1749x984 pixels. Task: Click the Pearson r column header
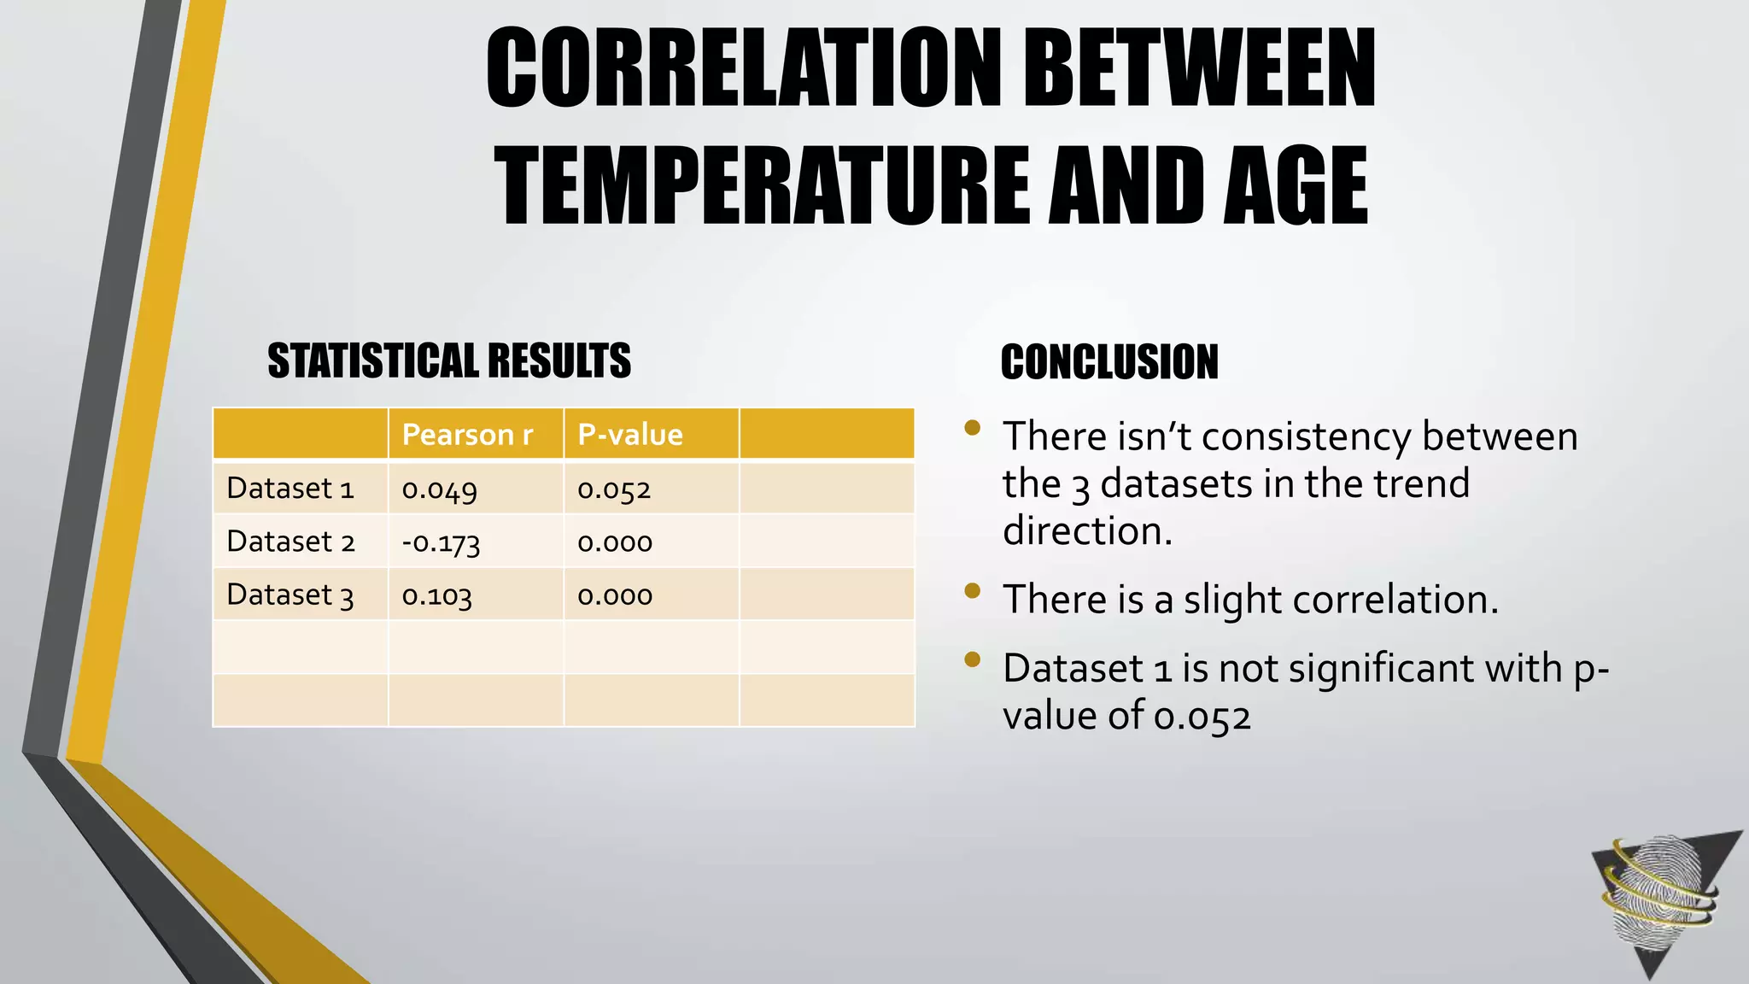coord(467,435)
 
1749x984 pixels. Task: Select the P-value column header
coord(630,435)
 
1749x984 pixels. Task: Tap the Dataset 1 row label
coord(290,489)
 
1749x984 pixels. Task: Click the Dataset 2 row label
coord(290,542)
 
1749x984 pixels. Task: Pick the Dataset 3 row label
coord(290,594)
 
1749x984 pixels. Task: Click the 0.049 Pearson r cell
coord(439,489)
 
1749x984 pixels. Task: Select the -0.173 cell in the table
coord(441,542)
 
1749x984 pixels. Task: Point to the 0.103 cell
coord(436,595)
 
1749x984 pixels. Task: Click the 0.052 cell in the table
coord(614,489)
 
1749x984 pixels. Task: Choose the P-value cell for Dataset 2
coord(615,542)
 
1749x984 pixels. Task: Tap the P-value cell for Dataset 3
coord(615,595)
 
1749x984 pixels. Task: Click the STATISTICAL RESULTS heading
coord(449,360)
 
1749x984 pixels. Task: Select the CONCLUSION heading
coord(1109,362)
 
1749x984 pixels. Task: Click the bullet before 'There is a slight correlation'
coord(972,590)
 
